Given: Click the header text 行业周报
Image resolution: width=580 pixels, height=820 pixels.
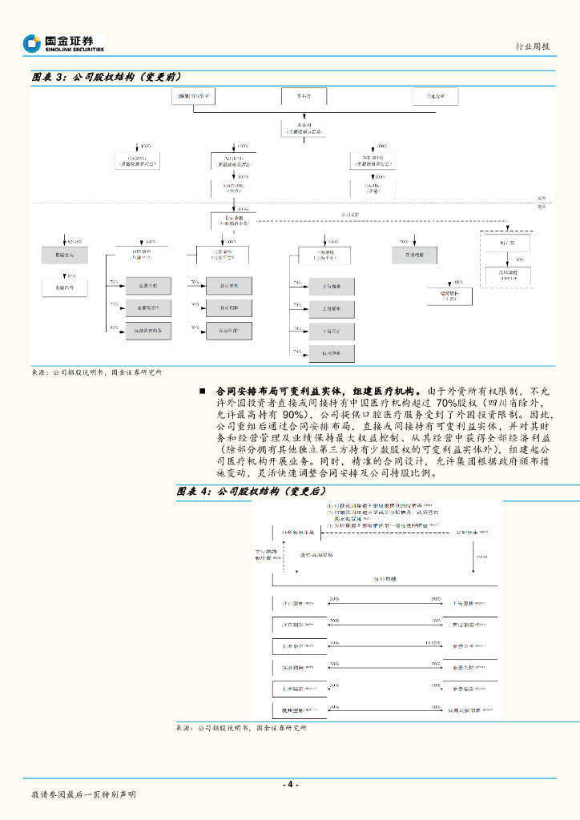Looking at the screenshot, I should coord(531,46).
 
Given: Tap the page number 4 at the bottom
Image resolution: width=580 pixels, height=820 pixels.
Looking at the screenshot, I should coord(290,784).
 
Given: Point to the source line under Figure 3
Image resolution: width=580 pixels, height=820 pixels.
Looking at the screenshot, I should coord(96,372).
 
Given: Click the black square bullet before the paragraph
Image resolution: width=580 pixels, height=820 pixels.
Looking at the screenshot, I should coord(203,391).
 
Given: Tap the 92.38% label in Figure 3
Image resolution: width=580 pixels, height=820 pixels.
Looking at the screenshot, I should coord(74,241).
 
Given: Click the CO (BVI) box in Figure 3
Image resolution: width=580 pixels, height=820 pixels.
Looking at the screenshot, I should coord(137,160).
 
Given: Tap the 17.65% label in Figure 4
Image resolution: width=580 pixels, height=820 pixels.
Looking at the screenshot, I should coord(433,642).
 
